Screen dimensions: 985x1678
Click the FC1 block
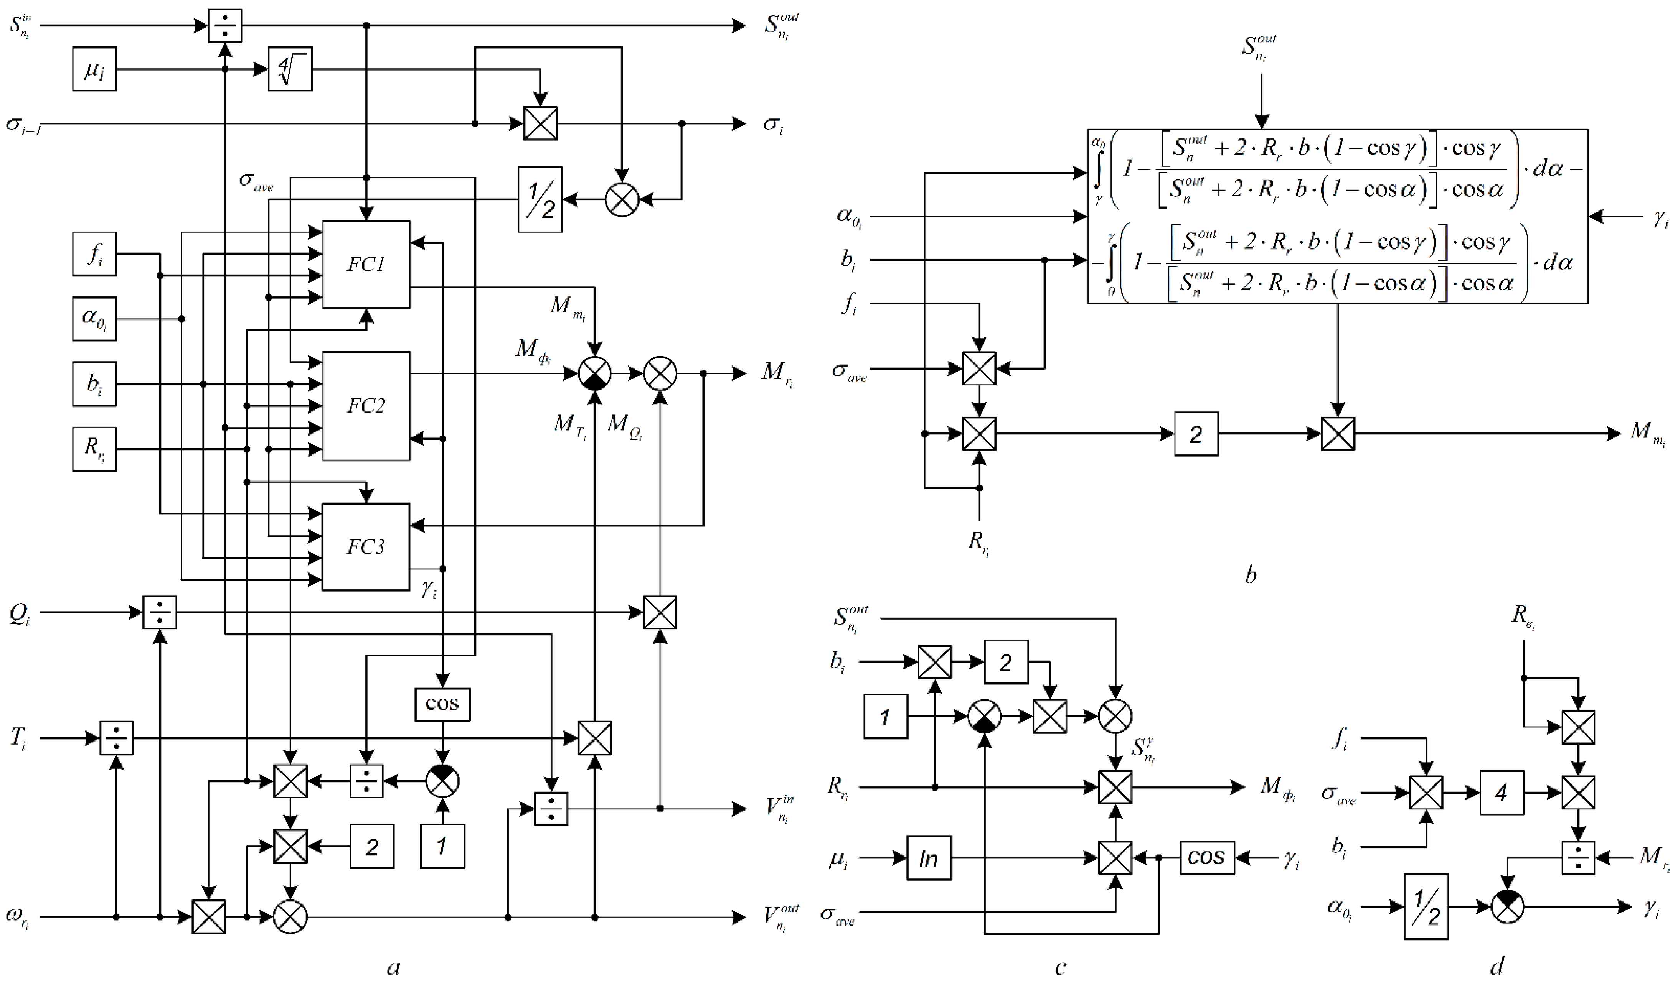coord(366,264)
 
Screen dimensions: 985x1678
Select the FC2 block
coord(366,405)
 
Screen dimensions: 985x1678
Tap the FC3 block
coord(366,546)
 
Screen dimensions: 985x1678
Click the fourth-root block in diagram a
coord(290,69)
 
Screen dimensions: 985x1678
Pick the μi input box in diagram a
coord(94,69)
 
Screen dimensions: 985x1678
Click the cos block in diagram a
coord(442,704)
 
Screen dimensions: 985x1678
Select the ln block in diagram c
coord(929,858)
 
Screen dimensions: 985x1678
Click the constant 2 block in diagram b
coord(1196,434)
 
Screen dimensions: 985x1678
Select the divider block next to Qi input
coord(160,612)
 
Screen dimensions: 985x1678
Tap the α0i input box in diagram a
coord(94,319)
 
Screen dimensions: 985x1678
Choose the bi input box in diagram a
coord(94,384)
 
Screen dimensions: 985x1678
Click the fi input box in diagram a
coord(94,253)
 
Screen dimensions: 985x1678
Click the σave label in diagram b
coord(850,372)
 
